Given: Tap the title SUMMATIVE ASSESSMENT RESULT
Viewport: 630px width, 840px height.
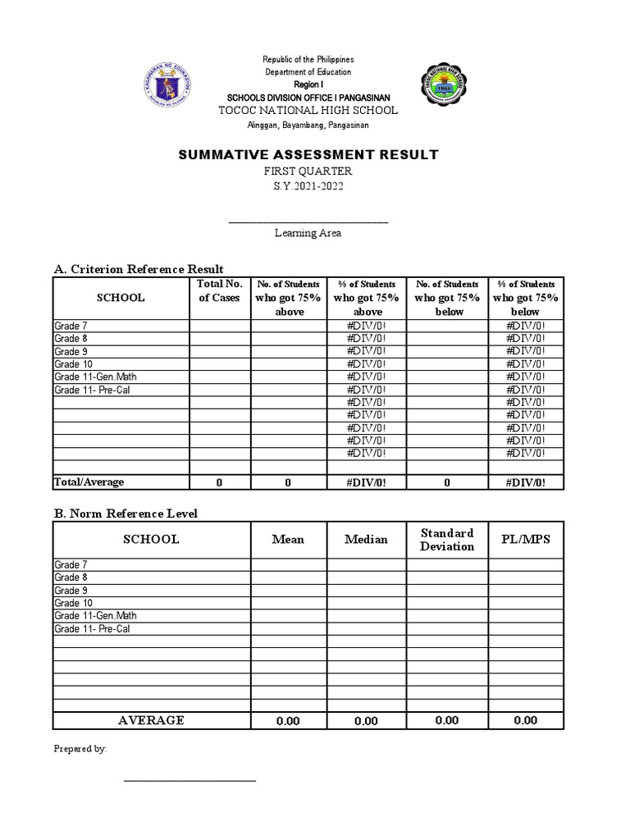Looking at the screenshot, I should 308,154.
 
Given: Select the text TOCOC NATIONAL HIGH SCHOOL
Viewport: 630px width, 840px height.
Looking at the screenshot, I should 308,110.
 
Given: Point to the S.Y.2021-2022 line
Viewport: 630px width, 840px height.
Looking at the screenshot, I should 308,186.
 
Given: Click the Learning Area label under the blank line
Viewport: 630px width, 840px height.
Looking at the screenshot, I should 308,233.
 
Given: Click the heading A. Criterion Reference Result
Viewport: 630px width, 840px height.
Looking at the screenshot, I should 139,269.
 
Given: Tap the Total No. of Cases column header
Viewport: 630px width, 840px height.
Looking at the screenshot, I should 220,291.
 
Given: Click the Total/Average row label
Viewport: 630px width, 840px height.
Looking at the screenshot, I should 89,482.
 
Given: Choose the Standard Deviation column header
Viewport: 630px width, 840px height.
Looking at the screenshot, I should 447,540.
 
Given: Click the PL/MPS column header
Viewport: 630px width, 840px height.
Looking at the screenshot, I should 525,540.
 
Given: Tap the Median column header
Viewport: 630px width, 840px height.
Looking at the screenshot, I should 366,540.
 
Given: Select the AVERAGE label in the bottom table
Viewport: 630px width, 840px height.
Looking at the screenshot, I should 151,720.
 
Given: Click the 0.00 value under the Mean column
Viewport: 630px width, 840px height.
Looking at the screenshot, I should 288,721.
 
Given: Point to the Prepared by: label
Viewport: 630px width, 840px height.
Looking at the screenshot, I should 80,749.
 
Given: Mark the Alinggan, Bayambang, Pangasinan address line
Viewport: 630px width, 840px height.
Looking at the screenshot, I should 308,125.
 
